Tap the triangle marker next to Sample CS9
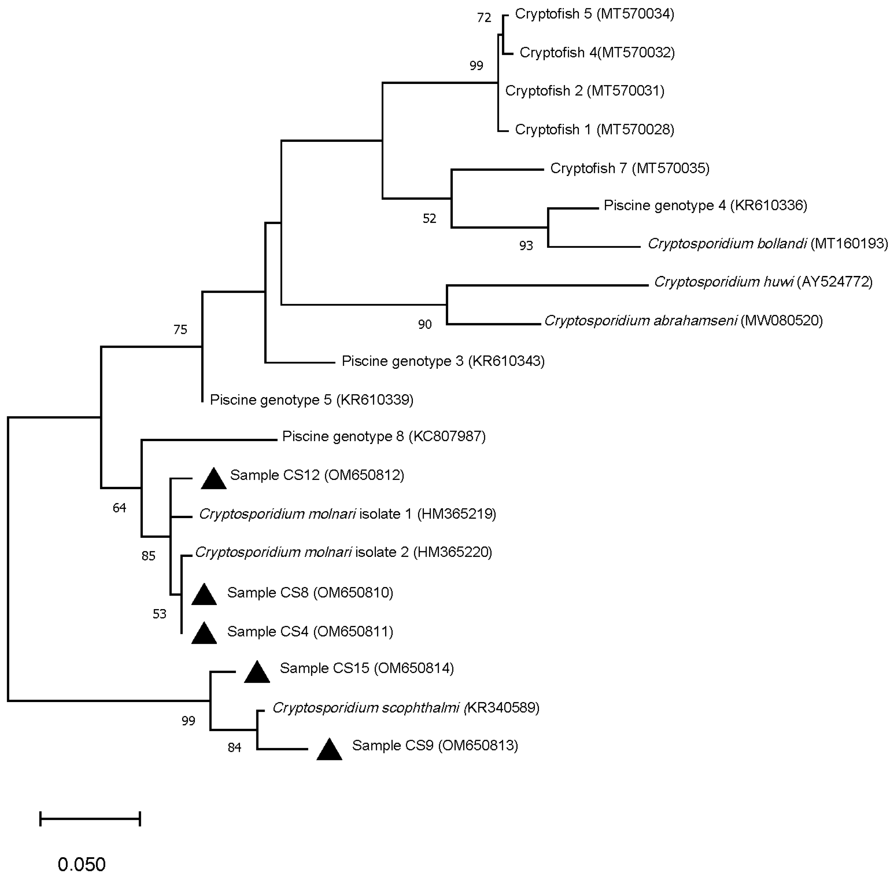tap(330, 750)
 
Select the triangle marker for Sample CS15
tap(257, 673)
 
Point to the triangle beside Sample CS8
tap(204, 595)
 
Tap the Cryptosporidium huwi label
tap(763, 282)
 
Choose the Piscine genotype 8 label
tap(384, 436)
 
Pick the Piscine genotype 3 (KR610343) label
tap(443, 361)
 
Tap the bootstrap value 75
tap(180, 329)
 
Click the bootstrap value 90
tap(425, 325)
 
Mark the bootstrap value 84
tap(234, 748)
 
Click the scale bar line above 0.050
tap(90, 819)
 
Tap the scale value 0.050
tap(82, 864)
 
